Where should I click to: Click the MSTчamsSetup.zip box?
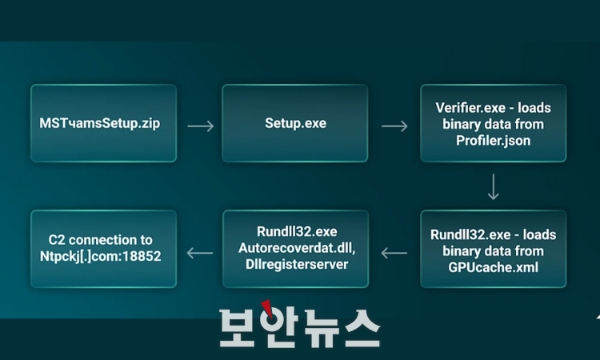103,124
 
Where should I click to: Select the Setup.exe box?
294,124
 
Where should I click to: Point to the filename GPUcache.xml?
493,266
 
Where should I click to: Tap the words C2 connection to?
101,240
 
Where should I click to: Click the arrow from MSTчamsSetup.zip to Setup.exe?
200,126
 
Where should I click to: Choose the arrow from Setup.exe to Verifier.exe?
394,126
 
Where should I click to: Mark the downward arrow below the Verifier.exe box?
493,186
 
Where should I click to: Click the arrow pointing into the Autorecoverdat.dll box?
394,254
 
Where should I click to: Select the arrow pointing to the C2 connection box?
200,254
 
